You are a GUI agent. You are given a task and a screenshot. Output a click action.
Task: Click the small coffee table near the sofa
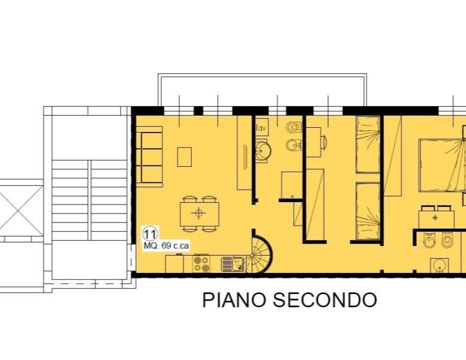point(185,157)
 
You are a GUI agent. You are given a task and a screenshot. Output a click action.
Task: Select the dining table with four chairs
point(199,212)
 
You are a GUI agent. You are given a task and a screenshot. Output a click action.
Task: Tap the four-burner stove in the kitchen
point(201,263)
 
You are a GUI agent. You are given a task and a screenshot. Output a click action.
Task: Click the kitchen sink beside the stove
point(233,263)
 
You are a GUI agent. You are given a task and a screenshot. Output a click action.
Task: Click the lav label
point(261,128)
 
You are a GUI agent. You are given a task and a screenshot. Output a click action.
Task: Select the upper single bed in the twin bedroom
point(367,144)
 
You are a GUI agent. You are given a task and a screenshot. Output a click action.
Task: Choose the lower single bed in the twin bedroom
point(367,211)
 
